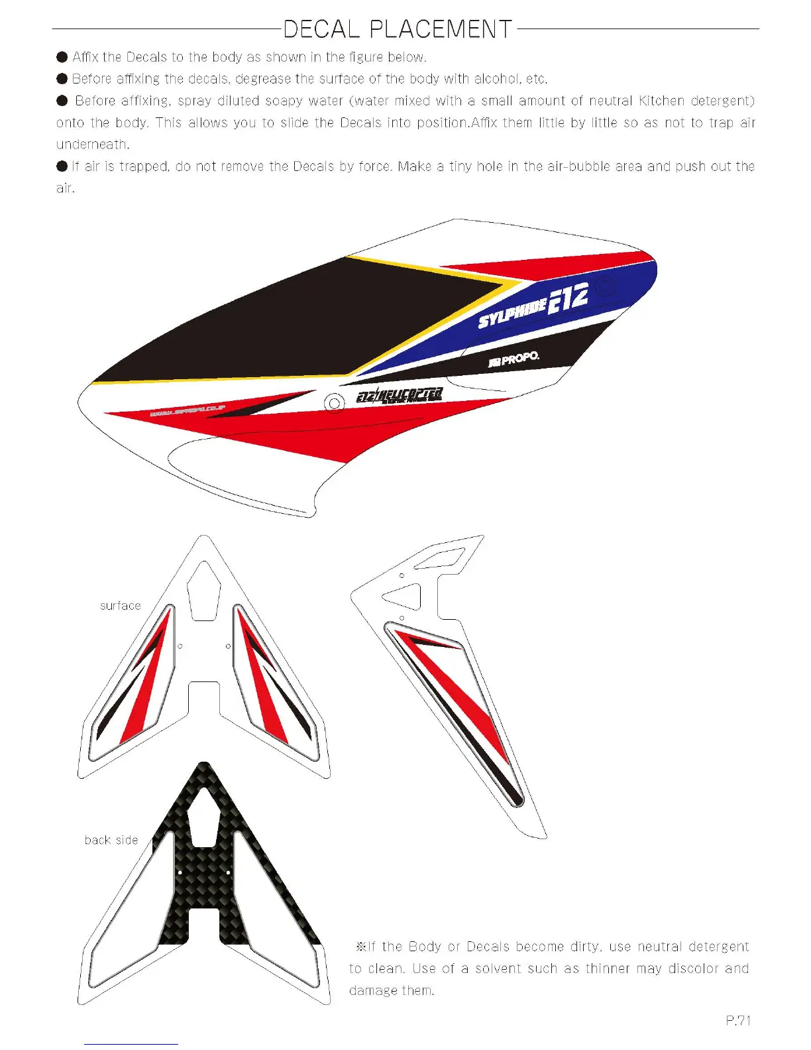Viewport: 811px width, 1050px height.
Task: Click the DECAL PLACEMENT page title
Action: [398, 29]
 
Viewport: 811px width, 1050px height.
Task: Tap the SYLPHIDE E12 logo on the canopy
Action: [533, 306]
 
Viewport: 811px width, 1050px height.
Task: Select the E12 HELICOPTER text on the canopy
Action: [399, 395]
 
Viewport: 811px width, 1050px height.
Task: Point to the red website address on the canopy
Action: [188, 412]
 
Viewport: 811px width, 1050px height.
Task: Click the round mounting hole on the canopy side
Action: [335, 403]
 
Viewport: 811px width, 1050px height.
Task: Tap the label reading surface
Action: [121, 606]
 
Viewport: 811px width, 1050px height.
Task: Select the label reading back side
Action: [111, 840]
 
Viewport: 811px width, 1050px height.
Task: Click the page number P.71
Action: [738, 1021]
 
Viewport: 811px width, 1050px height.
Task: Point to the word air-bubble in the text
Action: [567, 166]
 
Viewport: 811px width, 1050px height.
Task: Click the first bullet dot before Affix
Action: [62, 57]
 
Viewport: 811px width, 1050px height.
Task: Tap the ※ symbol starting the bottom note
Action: [361, 947]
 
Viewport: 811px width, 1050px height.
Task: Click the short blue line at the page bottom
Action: [131, 1044]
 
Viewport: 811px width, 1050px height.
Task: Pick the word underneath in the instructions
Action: [92, 145]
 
